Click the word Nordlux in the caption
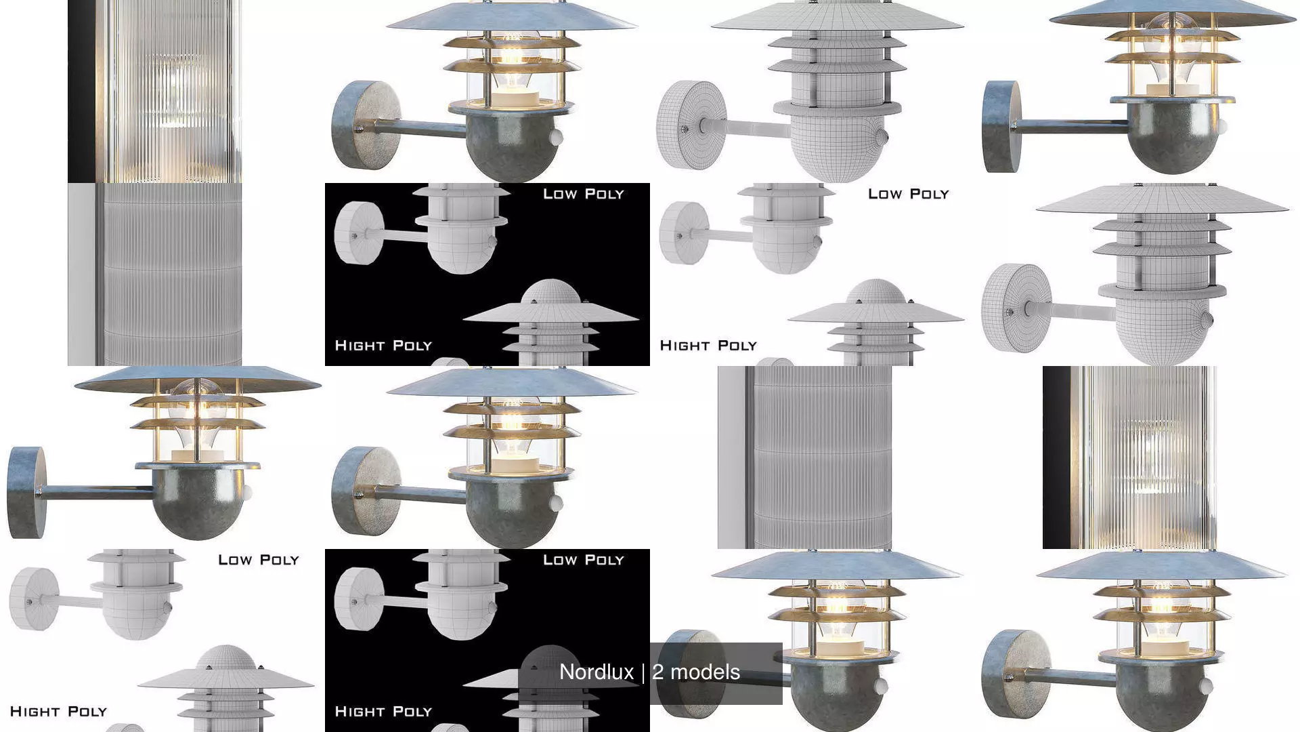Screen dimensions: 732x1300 click(596, 672)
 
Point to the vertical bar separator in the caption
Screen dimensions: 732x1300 click(643, 672)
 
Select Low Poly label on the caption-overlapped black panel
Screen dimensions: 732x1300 click(583, 560)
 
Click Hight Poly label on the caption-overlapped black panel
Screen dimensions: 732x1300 click(383, 712)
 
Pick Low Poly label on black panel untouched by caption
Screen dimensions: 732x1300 click(583, 194)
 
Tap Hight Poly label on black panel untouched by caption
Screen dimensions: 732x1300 click(383, 346)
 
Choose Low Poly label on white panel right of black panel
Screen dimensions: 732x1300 click(908, 194)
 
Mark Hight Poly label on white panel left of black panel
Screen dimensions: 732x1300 click(59, 712)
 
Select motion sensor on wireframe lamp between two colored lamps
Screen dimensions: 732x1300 click(881, 137)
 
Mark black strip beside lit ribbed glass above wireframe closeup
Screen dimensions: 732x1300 click(81, 91)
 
